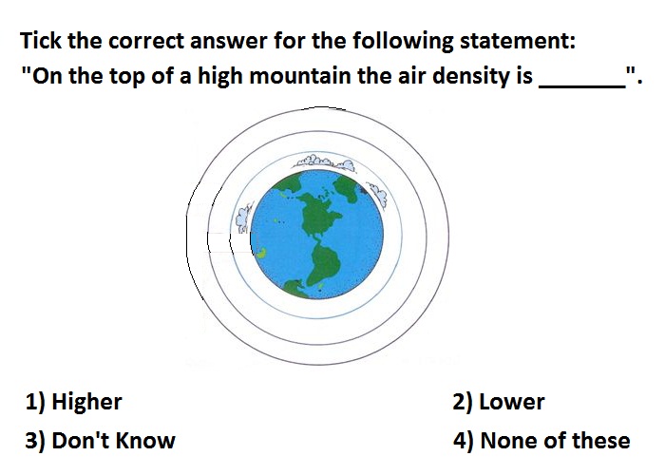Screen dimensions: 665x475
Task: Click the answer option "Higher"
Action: [x=86, y=402]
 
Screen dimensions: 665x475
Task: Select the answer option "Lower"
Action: [x=511, y=402]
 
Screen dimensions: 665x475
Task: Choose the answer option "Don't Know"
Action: [x=113, y=440]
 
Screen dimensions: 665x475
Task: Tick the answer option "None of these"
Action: [x=555, y=440]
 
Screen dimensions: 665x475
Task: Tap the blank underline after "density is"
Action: [x=581, y=87]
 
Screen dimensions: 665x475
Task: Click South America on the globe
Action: [x=324, y=262]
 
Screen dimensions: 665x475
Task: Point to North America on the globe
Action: [x=319, y=212]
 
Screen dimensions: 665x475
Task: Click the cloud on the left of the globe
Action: [x=243, y=217]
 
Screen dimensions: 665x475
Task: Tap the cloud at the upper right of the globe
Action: [x=377, y=194]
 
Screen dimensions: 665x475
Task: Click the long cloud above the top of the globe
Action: [x=326, y=162]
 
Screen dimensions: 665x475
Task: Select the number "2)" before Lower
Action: [x=463, y=402]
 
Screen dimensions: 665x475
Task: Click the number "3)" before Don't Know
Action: [x=35, y=441]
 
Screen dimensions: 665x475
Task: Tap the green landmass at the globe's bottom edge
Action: [x=296, y=289]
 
